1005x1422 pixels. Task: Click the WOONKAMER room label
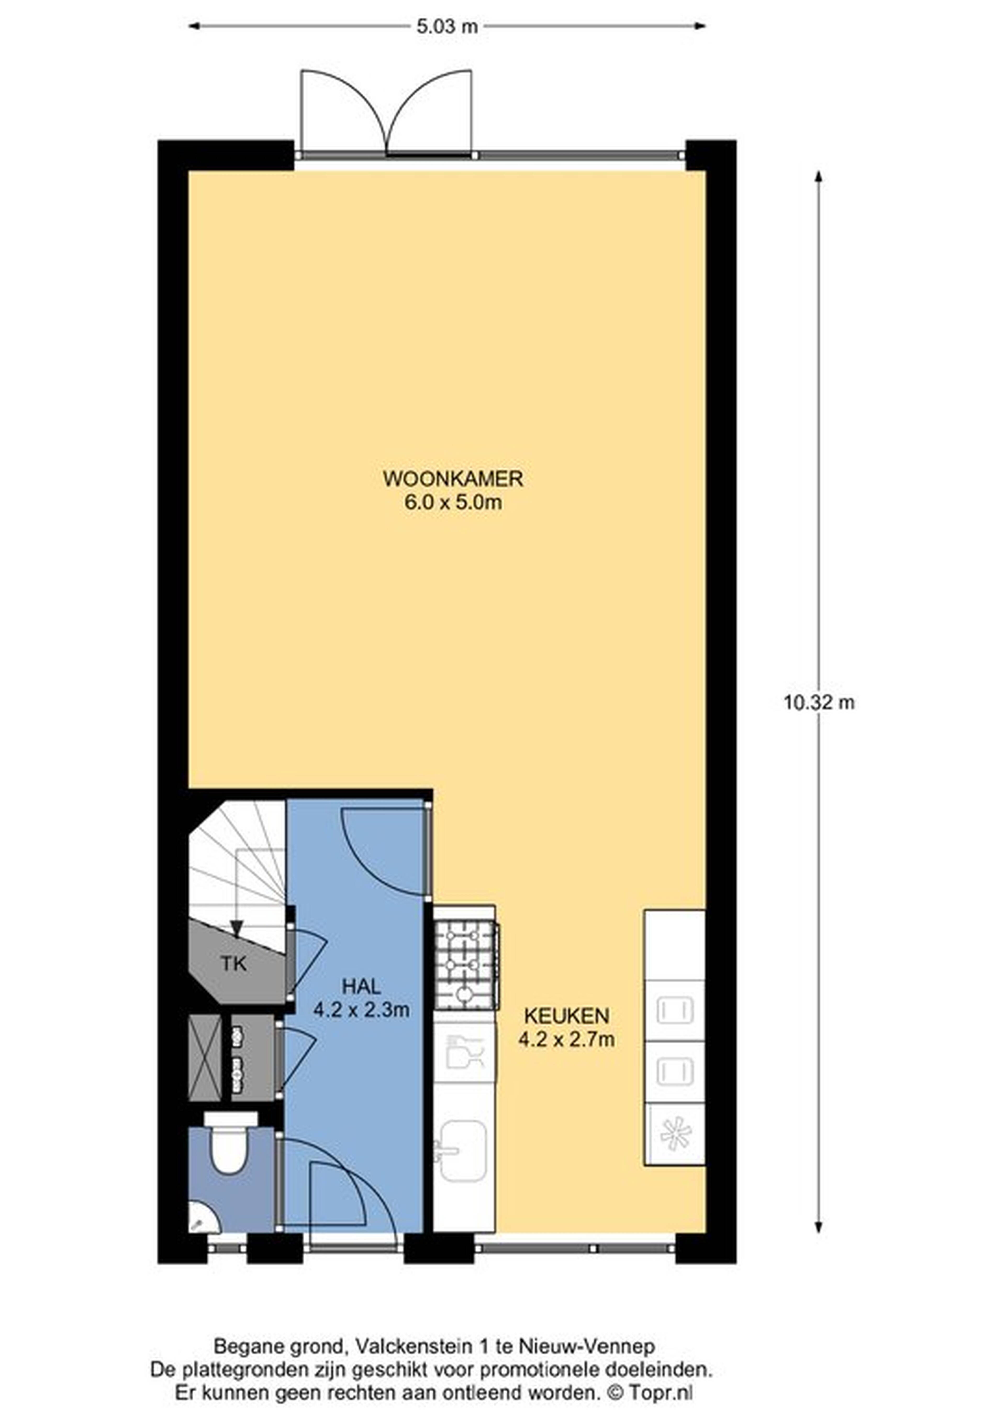point(453,479)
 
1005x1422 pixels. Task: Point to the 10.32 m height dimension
point(819,702)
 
